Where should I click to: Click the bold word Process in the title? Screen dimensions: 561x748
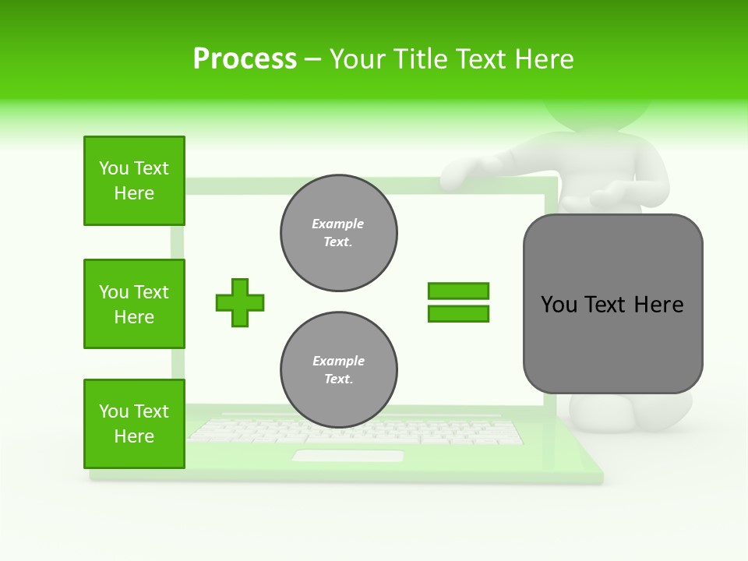click(x=245, y=59)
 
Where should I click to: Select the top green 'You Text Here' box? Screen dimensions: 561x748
click(x=134, y=181)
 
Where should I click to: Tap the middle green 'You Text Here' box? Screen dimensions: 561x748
click(x=134, y=304)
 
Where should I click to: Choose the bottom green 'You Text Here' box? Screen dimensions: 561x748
click(x=134, y=424)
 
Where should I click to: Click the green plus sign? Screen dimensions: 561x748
click(x=240, y=302)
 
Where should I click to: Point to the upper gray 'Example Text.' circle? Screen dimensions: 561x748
click(x=339, y=233)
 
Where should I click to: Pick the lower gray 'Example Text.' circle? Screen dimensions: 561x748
click(x=339, y=370)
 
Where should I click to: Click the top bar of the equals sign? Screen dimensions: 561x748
click(x=458, y=291)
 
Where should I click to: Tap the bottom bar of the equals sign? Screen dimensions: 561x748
click(x=458, y=314)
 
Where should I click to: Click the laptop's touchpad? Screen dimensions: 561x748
click(x=348, y=456)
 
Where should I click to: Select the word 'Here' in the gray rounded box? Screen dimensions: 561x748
click(x=658, y=305)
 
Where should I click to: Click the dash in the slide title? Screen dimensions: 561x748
click(x=312, y=59)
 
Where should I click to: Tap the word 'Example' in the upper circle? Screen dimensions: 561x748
click(x=338, y=224)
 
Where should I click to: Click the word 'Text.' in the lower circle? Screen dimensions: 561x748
click(x=338, y=379)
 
